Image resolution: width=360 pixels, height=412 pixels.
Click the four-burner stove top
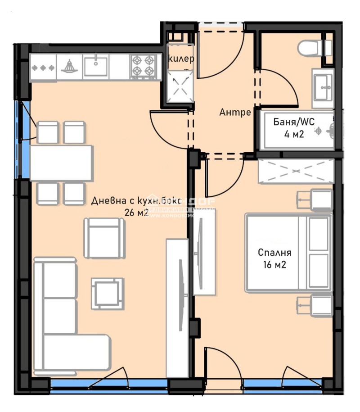143,65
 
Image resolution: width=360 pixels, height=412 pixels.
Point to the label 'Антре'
235,113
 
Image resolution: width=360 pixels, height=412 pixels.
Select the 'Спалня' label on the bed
274,253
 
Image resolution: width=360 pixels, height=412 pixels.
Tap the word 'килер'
181,59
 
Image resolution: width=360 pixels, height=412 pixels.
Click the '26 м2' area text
136,213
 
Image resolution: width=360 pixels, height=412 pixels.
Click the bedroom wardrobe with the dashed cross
296,171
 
